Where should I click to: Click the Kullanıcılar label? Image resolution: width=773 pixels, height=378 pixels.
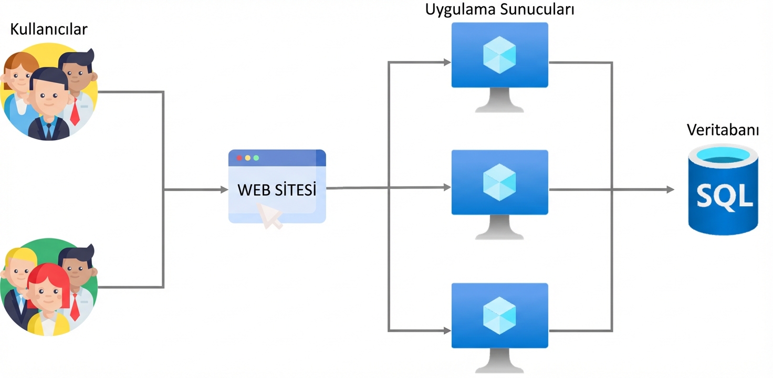coord(48,29)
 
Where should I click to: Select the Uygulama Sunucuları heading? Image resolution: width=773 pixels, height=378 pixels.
coord(499,10)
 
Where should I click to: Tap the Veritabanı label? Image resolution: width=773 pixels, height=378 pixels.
coord(723,130)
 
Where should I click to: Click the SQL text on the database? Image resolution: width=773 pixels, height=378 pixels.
coord(724,196)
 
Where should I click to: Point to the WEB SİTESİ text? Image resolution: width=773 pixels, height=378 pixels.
coord(277,190)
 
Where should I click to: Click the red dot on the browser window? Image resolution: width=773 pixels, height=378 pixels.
coord(239,157)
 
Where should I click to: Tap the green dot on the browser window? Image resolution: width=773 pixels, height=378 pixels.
coord(256,157)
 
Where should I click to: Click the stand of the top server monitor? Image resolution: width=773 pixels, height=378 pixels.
coord(499,101)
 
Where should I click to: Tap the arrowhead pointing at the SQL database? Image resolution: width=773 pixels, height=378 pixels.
coord(670,190)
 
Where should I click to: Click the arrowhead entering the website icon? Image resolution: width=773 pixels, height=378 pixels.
coord(224,190)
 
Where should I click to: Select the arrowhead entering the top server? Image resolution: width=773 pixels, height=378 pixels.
coord(447,62)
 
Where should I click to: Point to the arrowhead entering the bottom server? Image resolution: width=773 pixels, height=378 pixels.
coord(447,331)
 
